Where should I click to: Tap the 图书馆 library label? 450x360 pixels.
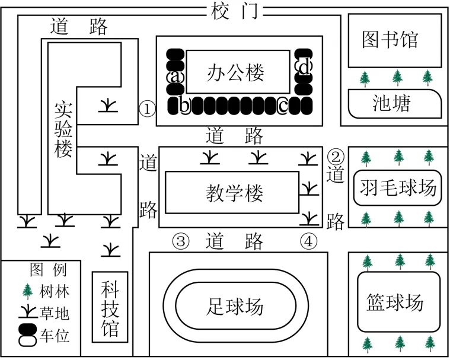[x=390, y=40]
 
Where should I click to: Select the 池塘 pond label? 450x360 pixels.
[x=391, y=103]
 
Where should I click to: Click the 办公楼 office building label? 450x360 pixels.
[x=235, y=73]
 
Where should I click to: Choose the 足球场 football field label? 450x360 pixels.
[x=235, y=307]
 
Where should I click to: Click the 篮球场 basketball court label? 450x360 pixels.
[x=395, y=302]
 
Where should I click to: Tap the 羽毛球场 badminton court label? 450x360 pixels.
[x=398, y=188]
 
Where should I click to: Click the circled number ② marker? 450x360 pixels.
[x=336, y=157]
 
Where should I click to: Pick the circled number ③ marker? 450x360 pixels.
[x=181, y=241]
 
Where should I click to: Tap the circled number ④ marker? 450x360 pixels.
[x=308, y=241]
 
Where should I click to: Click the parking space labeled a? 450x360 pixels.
[x=174, y=77]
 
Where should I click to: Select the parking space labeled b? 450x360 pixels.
[x=185, y=106]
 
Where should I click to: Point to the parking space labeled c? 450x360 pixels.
[x=283, y=106]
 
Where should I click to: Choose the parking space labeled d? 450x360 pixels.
[x=304, y=67]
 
